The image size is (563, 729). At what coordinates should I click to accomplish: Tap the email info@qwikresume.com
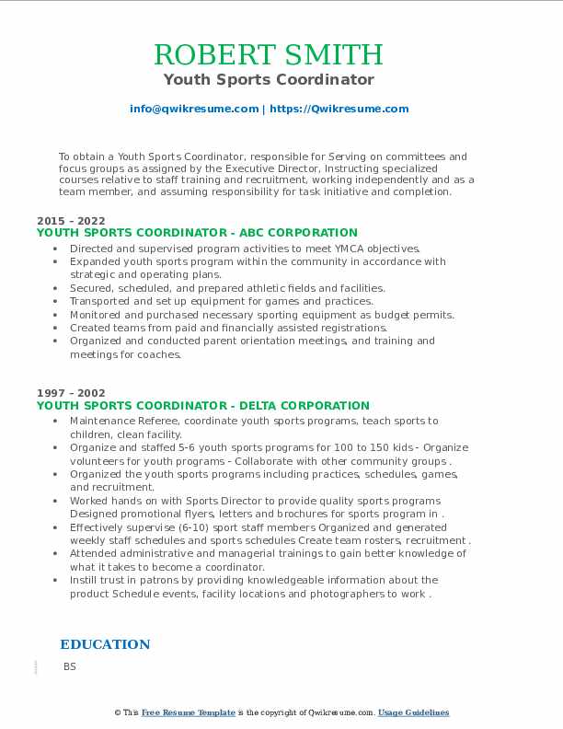[x=194, y=109]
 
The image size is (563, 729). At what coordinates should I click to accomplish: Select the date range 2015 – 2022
[x=71, y=221]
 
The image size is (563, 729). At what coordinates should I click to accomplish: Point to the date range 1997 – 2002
[x=71, y=393]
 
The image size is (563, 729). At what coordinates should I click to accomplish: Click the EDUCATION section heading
[x=105, y=644]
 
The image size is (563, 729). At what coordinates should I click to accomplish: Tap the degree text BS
[x=70, y=665]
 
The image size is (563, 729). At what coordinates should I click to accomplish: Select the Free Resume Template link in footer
[x=189, y=712]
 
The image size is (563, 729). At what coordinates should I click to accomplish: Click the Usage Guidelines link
[x=413, y=712]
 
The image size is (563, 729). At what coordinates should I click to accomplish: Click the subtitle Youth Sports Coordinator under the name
[x=269, y=79]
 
